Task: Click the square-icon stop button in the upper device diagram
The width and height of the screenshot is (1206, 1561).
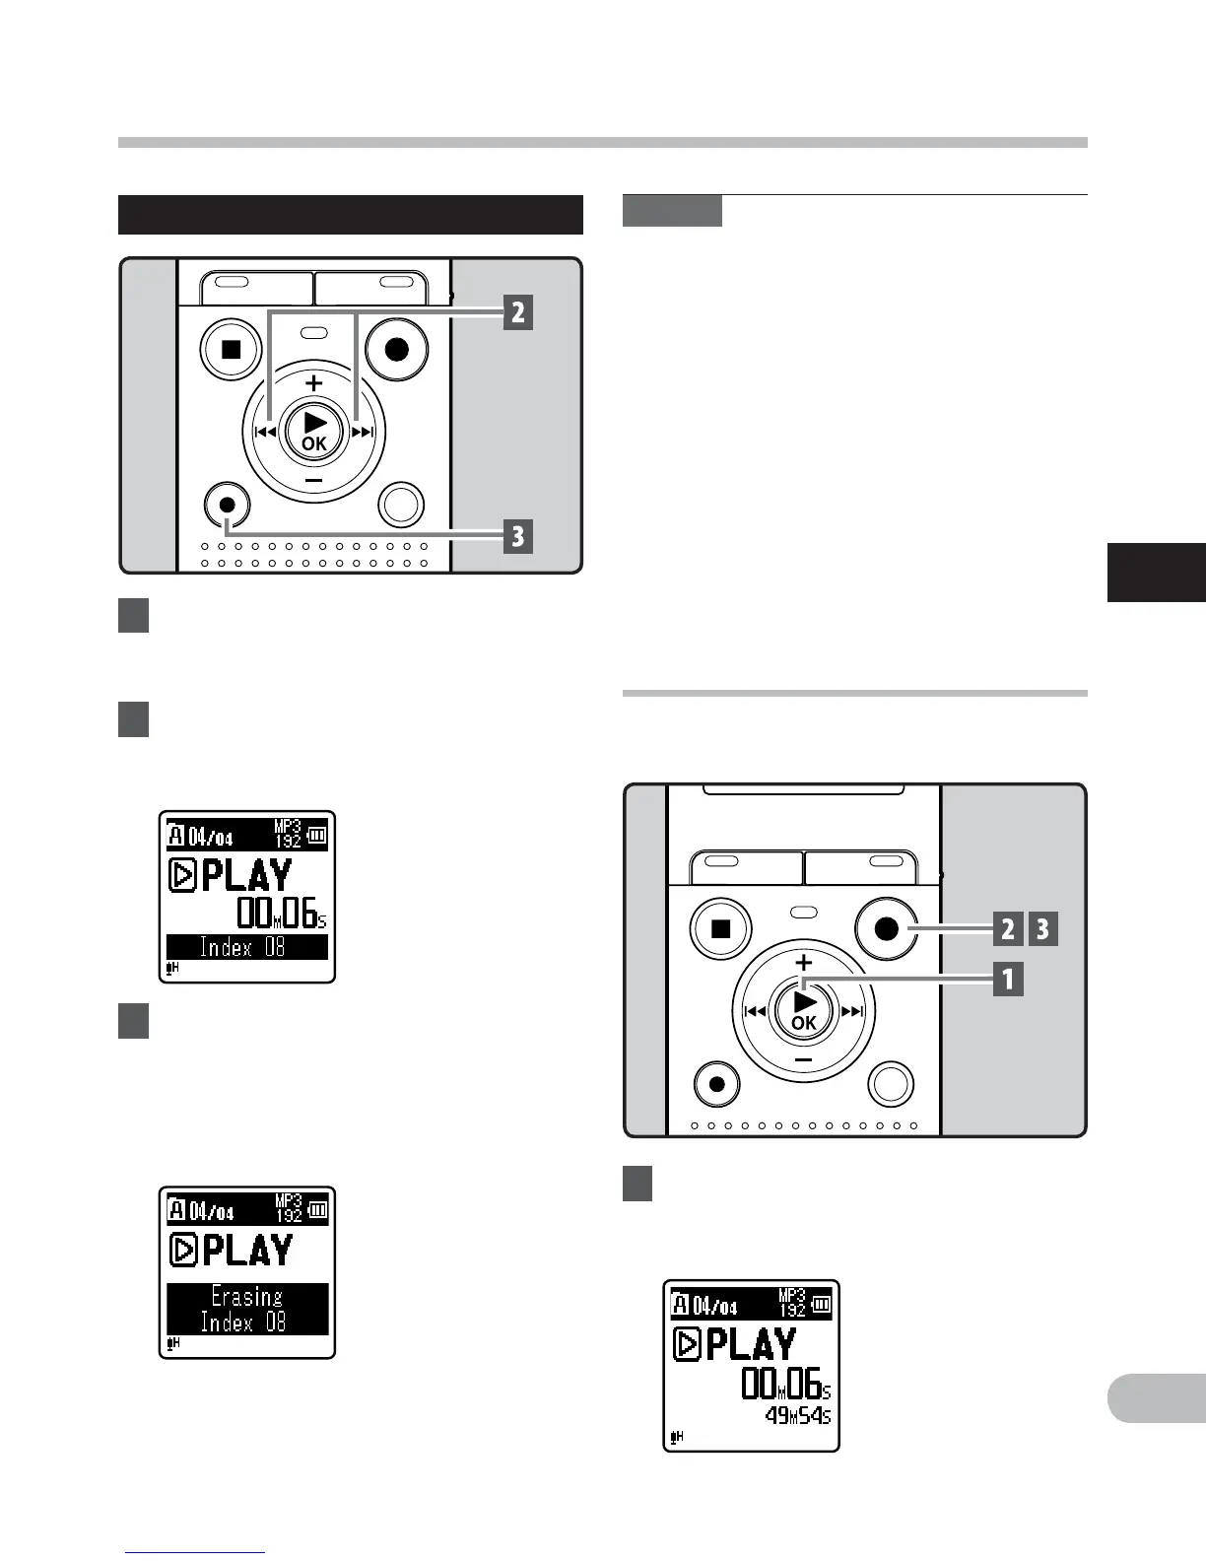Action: point(231,349)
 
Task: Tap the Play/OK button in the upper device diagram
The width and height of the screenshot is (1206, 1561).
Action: point(313,431)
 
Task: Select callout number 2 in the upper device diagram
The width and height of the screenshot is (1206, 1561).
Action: point(518,313)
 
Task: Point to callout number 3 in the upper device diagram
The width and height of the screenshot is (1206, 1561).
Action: point(518,537)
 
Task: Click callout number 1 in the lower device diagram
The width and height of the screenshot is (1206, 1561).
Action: point(1008,980)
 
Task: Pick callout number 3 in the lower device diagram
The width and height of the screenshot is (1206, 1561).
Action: point(1043,929)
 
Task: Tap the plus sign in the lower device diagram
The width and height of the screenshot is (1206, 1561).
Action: point(804,963)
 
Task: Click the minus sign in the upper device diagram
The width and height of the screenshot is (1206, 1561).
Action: point(313,480)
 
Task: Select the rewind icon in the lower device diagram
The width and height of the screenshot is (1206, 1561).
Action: point(756,1011)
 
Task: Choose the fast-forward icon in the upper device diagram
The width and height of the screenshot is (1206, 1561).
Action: point(364,432)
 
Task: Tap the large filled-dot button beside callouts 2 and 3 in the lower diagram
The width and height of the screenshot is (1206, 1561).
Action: point(887,928)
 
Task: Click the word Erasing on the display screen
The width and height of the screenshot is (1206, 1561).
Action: point(246,1296)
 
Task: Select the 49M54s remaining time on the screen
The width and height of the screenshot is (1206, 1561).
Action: point(798,1416)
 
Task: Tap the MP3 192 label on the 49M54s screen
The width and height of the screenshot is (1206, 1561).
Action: point(792,1303)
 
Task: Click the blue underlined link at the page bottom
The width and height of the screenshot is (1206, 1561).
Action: point(195,1552)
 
